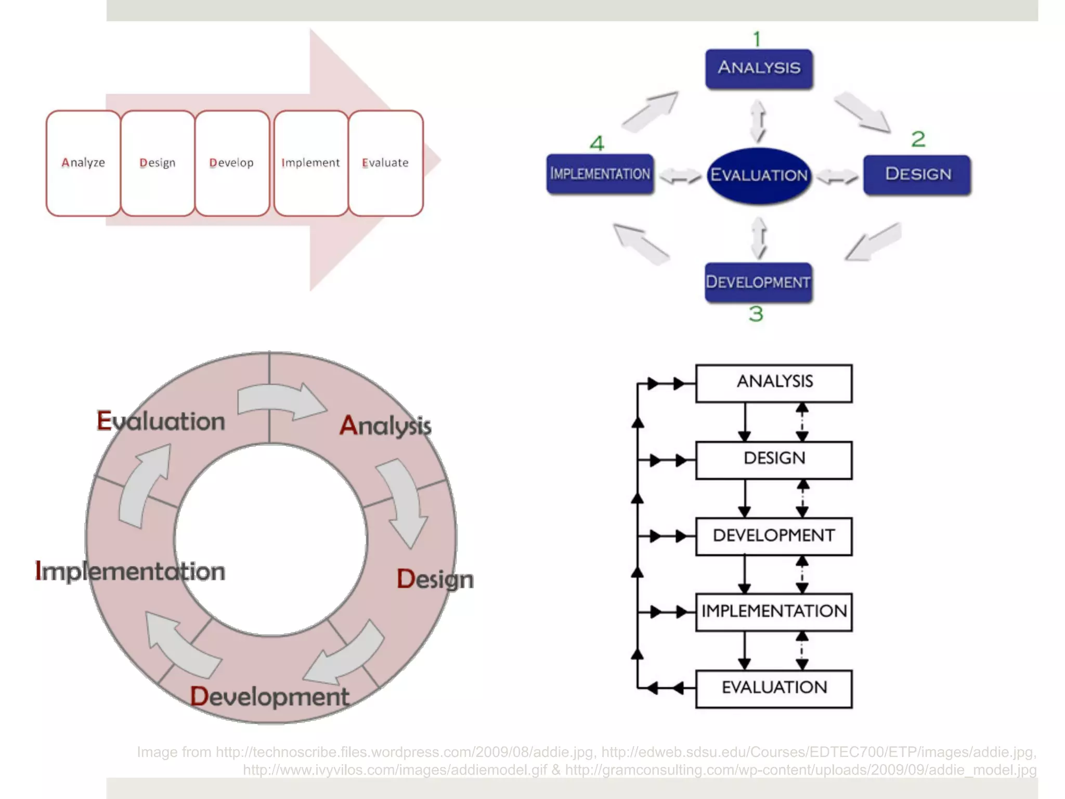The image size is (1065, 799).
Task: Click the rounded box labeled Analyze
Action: pos(83,163)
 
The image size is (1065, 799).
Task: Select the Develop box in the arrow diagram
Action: pos(231,163)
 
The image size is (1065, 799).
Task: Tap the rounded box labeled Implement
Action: pos(310,163)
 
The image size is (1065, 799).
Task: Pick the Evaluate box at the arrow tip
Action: pos(385,163)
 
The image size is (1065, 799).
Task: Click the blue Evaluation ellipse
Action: pos(759,175)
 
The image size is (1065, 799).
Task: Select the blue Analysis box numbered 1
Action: pos(759,68)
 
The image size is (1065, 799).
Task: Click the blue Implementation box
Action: pos(600,174)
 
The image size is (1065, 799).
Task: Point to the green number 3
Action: pos(756,314)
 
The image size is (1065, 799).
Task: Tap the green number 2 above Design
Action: pos(918,139)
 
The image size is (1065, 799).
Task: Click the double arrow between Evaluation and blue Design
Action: pos(837,177)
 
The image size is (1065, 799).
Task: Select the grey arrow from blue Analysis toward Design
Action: pos(863,112)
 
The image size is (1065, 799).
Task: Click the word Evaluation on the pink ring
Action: pos(161,421)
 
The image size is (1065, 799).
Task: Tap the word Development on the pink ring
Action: pos(269,697)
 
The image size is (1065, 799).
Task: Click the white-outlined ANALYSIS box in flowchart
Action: pos(773,383)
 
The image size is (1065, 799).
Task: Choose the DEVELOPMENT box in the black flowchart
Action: pos(773,536)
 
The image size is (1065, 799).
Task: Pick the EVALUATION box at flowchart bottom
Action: pos(773,688)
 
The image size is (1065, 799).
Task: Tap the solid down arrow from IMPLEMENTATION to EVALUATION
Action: pos(744,650)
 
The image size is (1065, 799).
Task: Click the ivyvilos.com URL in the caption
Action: pos(395,770)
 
